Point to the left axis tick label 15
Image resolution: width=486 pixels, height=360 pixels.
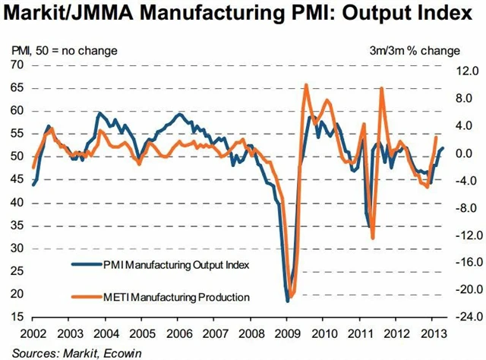[x=17, y=317]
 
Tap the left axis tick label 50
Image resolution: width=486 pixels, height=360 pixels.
[x=17, y=156]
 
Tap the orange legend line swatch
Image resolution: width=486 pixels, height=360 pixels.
[x=85, y=296]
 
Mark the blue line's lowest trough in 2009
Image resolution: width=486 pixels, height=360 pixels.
[x=287, y=302]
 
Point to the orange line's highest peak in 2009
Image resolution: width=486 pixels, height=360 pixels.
[x=305, y=85]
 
